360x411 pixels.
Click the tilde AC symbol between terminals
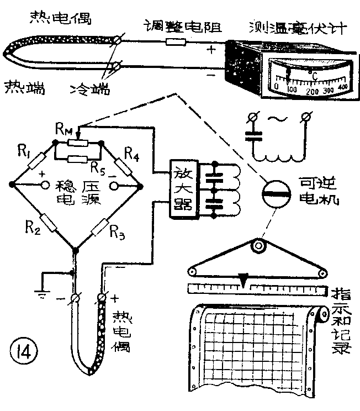coord(277,120)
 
